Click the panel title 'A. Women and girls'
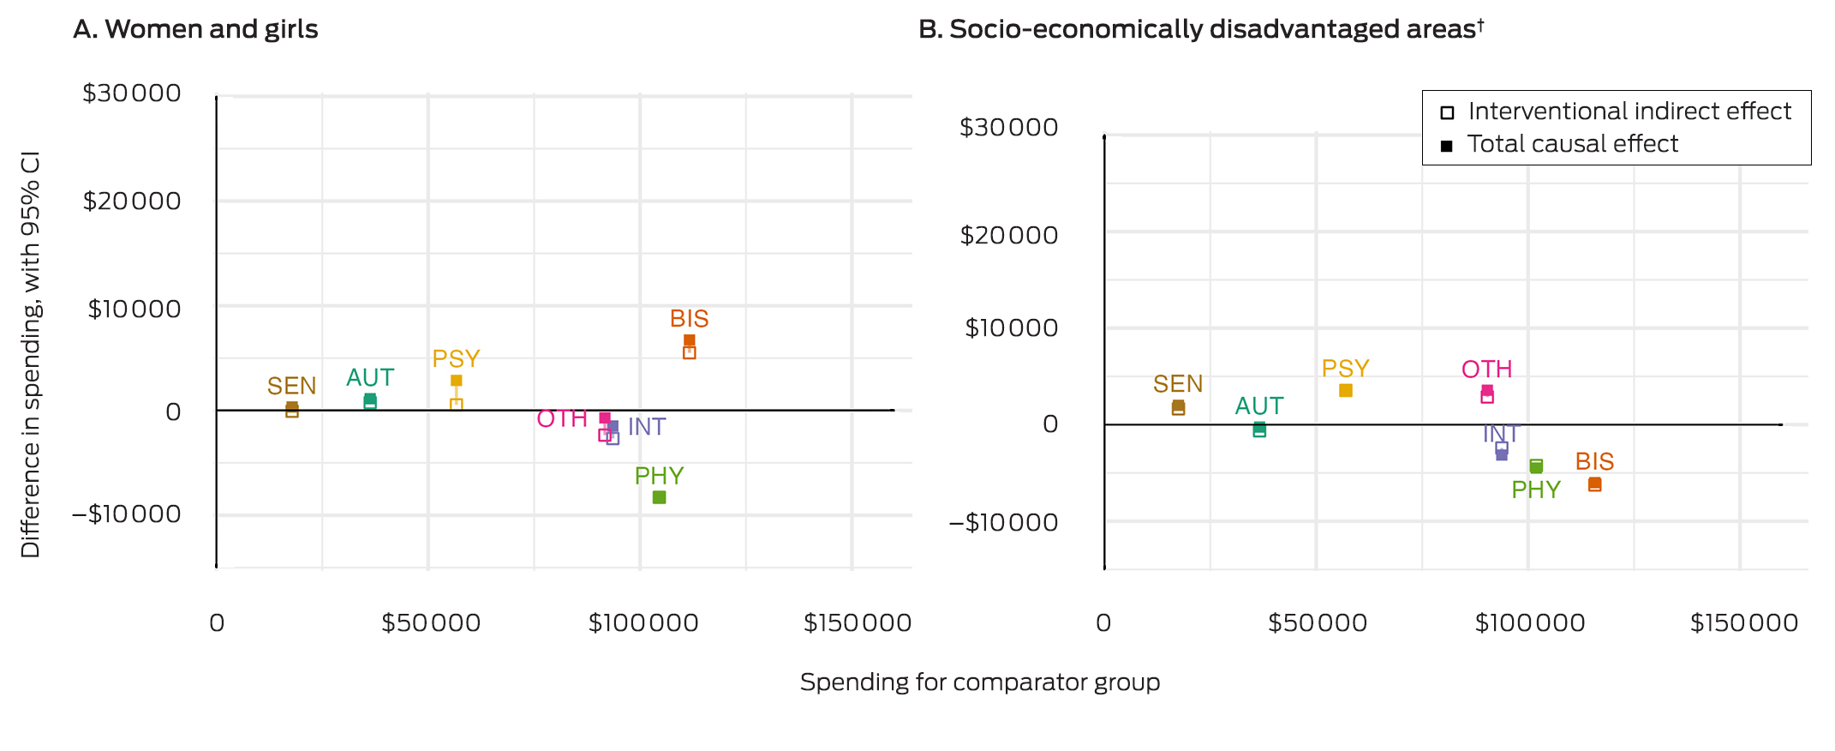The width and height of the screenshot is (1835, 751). coord(195,30)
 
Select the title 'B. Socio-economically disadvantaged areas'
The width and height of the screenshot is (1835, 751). coord(1199,30)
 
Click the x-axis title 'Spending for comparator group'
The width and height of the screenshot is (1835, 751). coord(979,682)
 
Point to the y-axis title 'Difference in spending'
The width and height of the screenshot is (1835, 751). coord(31,354)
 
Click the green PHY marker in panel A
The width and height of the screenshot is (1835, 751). coord(659,497)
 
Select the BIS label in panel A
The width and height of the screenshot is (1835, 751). coord(689,319)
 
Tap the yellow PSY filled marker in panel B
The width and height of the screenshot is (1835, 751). coord(1346,391)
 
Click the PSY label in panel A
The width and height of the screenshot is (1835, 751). coord(456,358)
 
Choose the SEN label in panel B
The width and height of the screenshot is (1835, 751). coord(1178,384)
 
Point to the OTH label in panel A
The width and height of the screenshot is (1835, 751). coord(562,419)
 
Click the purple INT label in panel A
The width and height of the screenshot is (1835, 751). coord(647,427)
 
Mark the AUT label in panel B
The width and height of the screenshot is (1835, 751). coord(1258,406)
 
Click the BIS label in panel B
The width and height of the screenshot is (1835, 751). coord(1594,462)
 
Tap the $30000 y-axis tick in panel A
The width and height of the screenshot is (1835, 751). coord(132,93)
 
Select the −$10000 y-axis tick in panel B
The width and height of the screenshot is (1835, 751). coord(1003,522)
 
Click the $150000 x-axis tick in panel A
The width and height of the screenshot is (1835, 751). coord(857,623)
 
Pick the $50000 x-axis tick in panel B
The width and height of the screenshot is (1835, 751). coord(1317,623)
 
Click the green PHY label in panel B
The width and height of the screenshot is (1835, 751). coord(1535,490)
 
